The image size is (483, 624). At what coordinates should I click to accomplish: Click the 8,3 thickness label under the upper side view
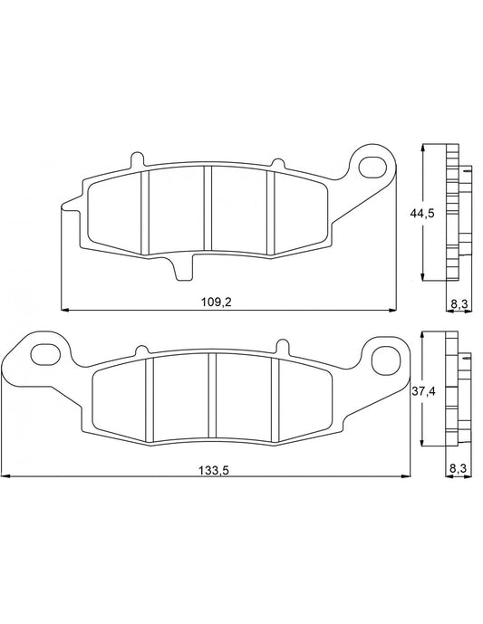point(459,304)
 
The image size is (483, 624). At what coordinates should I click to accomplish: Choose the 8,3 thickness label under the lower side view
point(458,468)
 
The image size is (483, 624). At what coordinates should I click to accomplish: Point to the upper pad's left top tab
point(139,160)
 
